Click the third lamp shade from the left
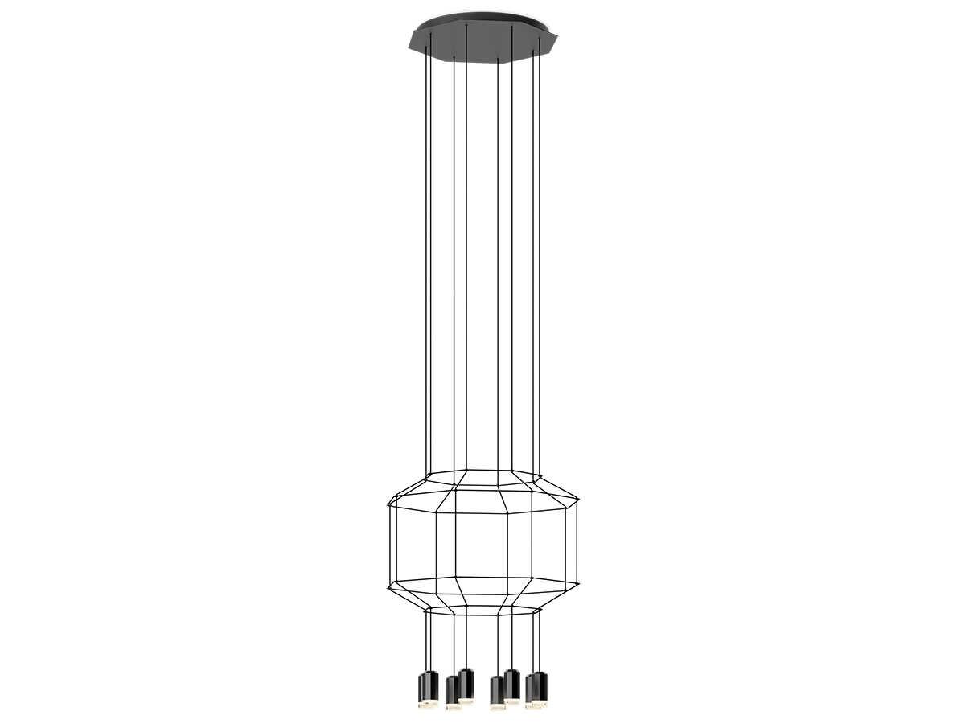tap(453, 690)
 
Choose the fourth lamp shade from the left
tap(466, 684)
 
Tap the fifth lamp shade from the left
tap(497, 691)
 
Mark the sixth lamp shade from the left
tap(512, 684)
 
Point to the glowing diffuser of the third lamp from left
tap(454, 707)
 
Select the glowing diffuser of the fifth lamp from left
tap(498, 707)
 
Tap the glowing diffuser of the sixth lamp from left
tap(512, 701)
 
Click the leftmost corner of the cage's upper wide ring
tap(388, 505)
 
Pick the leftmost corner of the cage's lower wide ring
tap(388, 586)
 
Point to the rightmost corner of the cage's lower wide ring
tap(578, 582)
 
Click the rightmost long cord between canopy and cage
tap(539, 257)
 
